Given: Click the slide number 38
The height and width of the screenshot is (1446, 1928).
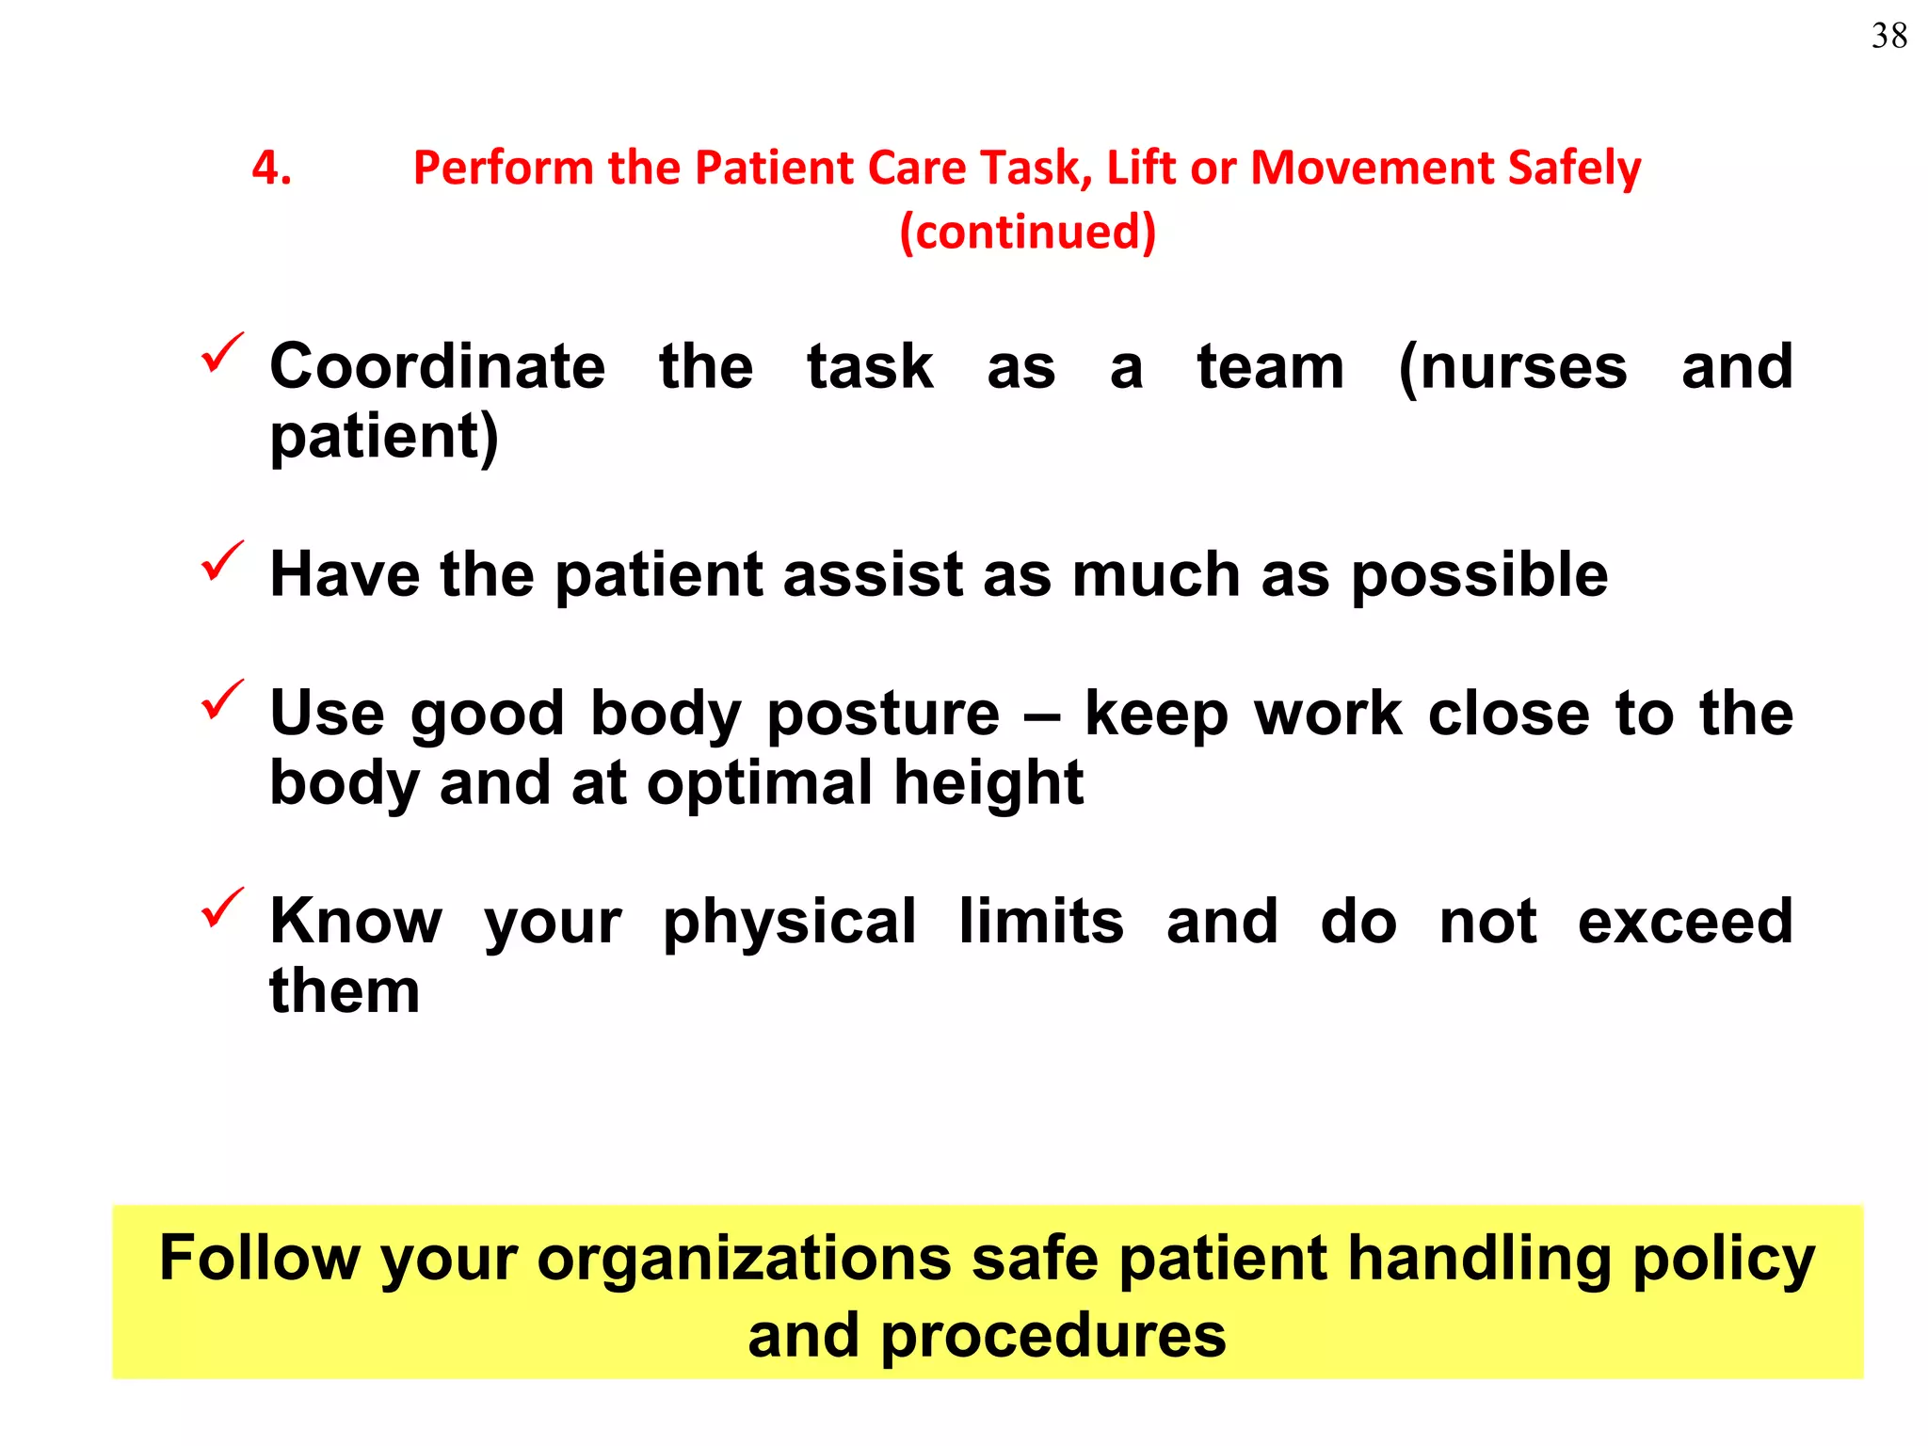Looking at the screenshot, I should (x=1888, y=37).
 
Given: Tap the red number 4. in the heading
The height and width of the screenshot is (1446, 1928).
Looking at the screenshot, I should (x=271, y=169).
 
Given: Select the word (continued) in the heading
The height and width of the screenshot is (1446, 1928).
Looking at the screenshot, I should (x=1027, y=232).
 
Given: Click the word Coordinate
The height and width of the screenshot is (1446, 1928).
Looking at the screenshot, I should (x=438, y=366).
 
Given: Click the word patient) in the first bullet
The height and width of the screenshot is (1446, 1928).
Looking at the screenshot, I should (x=384, y=437).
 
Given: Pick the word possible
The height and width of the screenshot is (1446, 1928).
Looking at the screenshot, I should (x=1480, y=575).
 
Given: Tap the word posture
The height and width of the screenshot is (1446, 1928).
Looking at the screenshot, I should (x=883, y=715).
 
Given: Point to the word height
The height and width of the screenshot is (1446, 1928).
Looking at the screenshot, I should (x=988, y=783).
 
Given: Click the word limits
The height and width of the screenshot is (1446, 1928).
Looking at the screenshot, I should (x=1041, y=922).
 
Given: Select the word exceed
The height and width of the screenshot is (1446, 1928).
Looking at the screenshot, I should (x=1685, y=922).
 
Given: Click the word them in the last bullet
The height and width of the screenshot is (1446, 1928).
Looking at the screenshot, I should (x=345, y=991).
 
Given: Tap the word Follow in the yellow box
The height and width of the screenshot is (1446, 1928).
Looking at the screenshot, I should (x=260, y=1259).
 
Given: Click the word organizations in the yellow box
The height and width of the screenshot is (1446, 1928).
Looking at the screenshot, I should (x=744, y=1259).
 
